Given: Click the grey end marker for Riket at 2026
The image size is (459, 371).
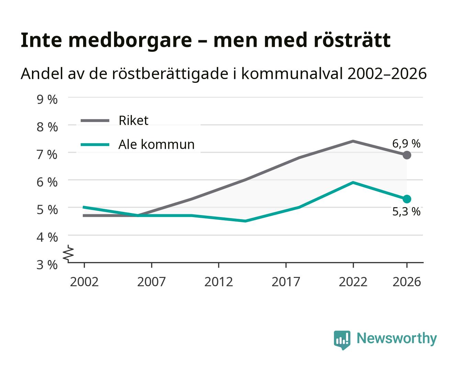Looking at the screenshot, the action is click(407, 155).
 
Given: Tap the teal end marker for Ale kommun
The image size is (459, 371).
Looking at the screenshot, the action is click(407, 199).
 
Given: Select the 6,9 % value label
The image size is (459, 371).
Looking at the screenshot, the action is click(406, 144).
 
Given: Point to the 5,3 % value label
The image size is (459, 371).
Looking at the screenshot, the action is click(406, 212).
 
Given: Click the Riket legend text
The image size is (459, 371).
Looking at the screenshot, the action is click(133, 120).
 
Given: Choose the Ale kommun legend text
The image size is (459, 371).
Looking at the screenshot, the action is click(156, 144).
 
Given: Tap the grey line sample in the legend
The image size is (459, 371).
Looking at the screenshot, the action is click(95, 121).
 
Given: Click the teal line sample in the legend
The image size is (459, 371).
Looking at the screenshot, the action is click(95, 145).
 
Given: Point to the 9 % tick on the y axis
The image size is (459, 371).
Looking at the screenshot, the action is click(47, 100).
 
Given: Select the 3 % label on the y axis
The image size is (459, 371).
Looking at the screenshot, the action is click(47, 265).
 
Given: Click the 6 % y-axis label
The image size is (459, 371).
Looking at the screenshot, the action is click(47, 182).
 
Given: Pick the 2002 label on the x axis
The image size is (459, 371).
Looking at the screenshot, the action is click(84, 282).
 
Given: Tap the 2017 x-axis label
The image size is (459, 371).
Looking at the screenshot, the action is click(286, 282).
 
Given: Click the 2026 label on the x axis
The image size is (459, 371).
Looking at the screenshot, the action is click(407, 282).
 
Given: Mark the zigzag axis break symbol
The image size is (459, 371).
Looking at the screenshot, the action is click(68, 254).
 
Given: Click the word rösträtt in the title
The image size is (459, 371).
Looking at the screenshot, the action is click(352, 40).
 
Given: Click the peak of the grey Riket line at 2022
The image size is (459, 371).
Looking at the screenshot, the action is click(353, 141).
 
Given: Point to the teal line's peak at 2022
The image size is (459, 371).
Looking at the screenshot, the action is click(353, 182).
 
